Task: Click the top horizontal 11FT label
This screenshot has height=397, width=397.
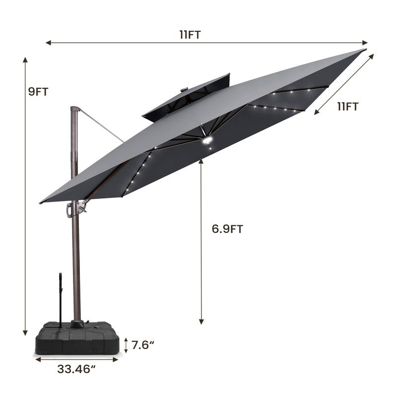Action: (x=190, y=34)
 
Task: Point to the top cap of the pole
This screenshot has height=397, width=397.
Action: (x=74, y=109)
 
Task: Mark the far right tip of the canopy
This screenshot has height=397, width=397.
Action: (x=365, y=50)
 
